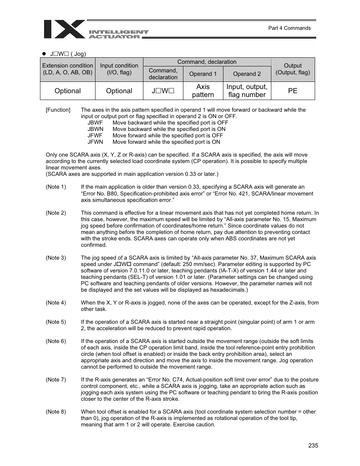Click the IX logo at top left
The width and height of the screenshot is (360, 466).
(x=64, y=29)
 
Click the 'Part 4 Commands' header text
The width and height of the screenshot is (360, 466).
(x=289, y=28)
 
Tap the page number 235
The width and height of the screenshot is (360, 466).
(x=313, y=445)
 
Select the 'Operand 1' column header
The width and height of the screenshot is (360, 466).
(x=203, y=74)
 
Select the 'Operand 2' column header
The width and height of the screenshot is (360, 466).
(x=247, y=74)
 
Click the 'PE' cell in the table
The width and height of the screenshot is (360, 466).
(x=293, y=91)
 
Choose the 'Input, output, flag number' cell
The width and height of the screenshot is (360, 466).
(x=247, y=91)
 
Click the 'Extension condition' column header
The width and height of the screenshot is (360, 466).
(x=68, y=69)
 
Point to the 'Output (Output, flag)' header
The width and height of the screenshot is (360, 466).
(x=293, y=69)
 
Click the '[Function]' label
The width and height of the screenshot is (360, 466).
(x=58, y=110)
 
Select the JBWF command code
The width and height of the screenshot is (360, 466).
(x=95, y=123)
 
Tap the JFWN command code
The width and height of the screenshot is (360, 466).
(x=95, y=142)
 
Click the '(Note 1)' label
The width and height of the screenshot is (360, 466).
(x=56, y=187)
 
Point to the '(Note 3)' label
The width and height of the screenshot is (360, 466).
(x=56, y=258)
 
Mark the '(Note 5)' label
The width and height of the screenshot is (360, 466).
(x=56, y=322)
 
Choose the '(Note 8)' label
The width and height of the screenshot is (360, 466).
(x=56, y=412)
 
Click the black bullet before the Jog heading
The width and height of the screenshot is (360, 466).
(x=44, y=54)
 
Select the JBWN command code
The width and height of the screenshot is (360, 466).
(x=95, y=129)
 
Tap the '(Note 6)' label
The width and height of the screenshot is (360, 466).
(x=56, y=341)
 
